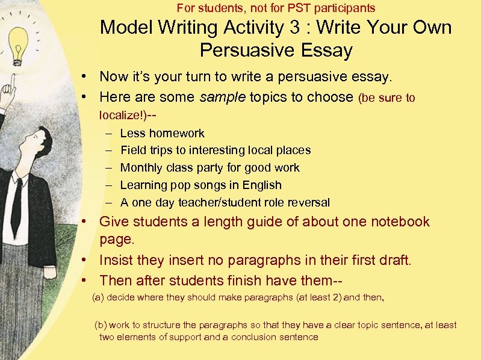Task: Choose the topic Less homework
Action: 162,133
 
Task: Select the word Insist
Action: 119,261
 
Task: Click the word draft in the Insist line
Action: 393,261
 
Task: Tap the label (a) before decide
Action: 98,297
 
